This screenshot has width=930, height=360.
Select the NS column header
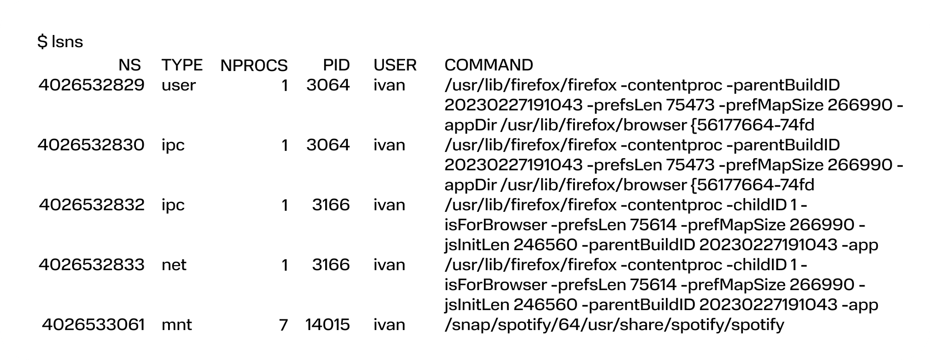click(129, 65)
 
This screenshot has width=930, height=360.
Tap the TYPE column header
click(182, 65)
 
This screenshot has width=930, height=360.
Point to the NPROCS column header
click(254, 65)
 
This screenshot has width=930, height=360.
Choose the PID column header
click(336, 65)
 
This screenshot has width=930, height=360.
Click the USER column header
click(395, 65)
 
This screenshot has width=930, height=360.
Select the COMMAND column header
click(489, 65)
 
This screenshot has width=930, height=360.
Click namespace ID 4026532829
click(92, 85)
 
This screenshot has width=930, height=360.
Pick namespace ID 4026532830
click(91, 145)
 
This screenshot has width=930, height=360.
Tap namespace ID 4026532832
click(92, 205)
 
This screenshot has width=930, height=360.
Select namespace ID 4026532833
click(92, 265)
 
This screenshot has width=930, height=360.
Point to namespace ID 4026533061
click(93, 324)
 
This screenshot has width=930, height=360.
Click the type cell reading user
click(179, 85)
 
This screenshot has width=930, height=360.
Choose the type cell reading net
click(174, 265)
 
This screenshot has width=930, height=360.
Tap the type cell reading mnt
click(177, 324)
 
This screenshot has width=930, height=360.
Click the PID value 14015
click(327, 324)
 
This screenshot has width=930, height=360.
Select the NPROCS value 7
click(284, 324)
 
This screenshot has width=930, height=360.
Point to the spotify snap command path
click(614, 325)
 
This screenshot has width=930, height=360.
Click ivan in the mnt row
click(389, 324)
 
